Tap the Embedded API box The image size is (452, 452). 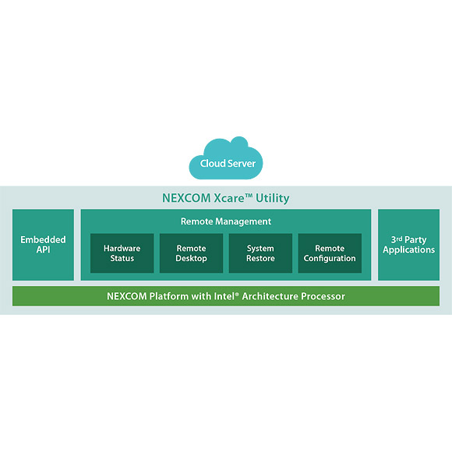(43, 245)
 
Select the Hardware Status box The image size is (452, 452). (122, 253)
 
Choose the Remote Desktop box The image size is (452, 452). (191, 253)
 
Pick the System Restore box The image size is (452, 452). (260, 253)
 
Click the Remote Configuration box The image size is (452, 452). (330, 253)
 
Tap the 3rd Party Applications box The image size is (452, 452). (409, 245)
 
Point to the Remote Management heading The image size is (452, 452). (226, 221)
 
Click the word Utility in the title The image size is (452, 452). (273, 198)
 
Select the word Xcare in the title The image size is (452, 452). (229, 198)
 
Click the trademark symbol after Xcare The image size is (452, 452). (249, 196)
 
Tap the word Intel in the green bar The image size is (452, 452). (224, 296)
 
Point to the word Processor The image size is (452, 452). (323, 296)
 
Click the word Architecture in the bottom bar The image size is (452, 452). (270, 296)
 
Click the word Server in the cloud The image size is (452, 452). (242, 164)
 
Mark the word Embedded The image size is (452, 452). (43, 239)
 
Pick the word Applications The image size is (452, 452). (409, 250)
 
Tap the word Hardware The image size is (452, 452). (122, 248)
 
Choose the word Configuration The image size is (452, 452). (330, 259)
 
